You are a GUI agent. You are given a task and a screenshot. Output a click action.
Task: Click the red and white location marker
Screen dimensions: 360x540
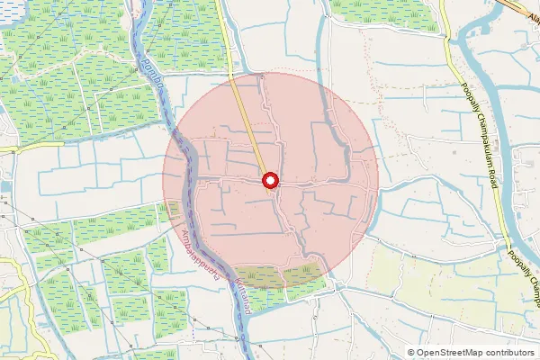[x=269, y=182]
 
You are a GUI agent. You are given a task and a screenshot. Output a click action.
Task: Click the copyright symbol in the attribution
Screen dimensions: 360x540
[x=411, y=352]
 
